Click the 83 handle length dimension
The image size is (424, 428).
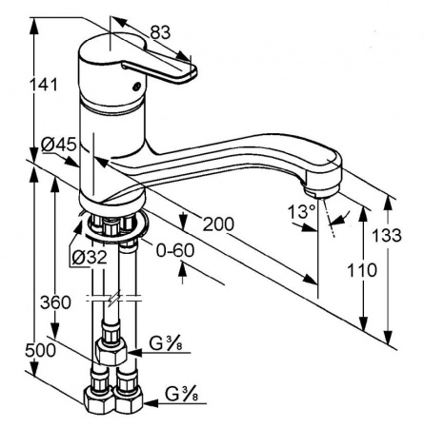pos(160,32)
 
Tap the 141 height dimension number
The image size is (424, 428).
pos(44,85)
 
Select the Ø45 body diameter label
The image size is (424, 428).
pos(59,145)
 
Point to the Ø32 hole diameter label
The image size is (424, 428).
pos(90,257)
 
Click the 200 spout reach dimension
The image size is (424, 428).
pos(218,224)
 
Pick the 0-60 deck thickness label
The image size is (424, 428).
pos(175,251)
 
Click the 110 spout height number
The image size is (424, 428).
pos(362,270)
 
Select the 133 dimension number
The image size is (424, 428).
pos(387,236)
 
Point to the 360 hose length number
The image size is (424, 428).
pos(55,302)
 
